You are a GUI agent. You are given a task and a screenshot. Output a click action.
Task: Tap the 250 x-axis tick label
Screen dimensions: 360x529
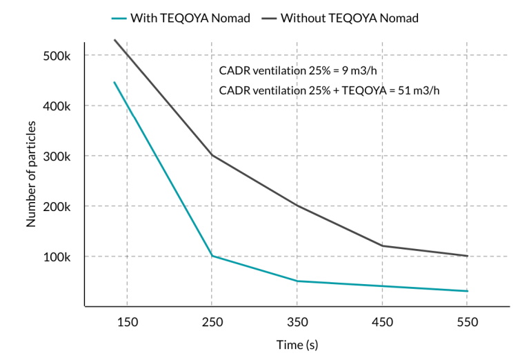pos(212,322)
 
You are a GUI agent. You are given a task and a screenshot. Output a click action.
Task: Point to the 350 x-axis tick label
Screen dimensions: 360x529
pos(297,322)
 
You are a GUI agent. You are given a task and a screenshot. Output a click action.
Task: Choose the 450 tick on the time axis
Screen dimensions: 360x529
pos(382,322)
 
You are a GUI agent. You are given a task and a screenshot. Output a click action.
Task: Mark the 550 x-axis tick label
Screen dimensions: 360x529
pos(467,322)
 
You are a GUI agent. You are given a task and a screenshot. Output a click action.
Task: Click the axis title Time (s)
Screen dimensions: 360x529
pos(297,344)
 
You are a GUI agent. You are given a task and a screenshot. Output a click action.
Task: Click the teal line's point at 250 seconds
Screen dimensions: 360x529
pos(212,256)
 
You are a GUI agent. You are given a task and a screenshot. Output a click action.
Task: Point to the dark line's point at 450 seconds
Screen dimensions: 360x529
pos(382,246)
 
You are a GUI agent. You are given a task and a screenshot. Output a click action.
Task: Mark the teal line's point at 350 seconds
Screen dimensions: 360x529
pos(297,281)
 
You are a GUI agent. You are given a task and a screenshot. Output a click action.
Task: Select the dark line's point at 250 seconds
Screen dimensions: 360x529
pos(212,154)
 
